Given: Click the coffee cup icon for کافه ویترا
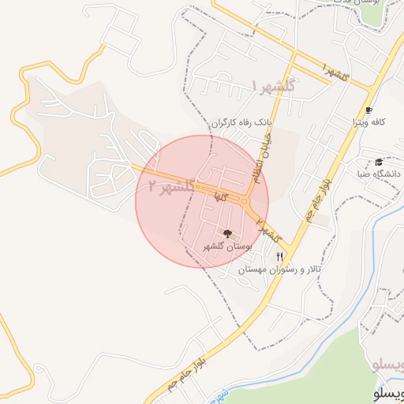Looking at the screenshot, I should pyautogui.click(x=368, y=110).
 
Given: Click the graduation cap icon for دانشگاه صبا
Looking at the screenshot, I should pyautogui.click(x=379, y=161).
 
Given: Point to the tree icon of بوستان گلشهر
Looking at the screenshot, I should pyautogui.click(x=227, y=234).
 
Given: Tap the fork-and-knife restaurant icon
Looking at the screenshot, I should pyautogui.click(x=279, y=257).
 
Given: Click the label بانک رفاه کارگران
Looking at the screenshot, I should pyautogui.click(x=236, y=124).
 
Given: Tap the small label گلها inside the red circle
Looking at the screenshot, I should pyautogui.click(x=231, y=203).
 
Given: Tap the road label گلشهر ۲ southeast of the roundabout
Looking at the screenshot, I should pyautogui.click(x=268, y=228).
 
